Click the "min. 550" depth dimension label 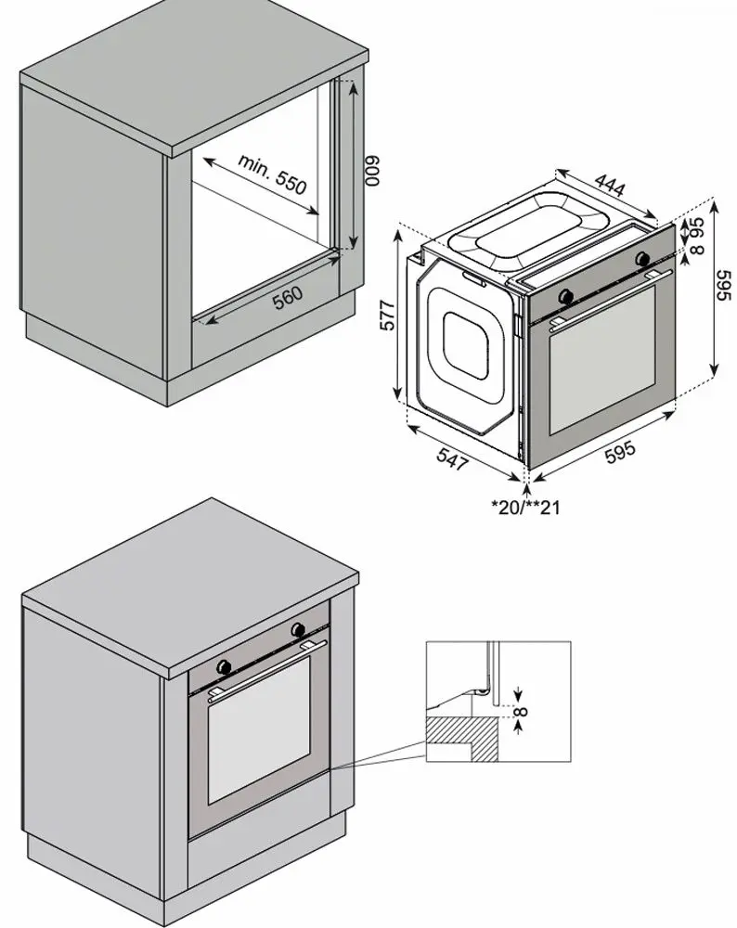pyautogui.click(x=271, y=173)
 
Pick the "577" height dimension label pyautogui.click(x=388, y=316)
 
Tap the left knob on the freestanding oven pyautogui.click(x=567, y=296)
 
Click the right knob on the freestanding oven pyautogui.click(x=642, y=260)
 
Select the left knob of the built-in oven pyautogui.click(x=224, y=666)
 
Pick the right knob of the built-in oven pyautogui.click(x=298, y=631)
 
